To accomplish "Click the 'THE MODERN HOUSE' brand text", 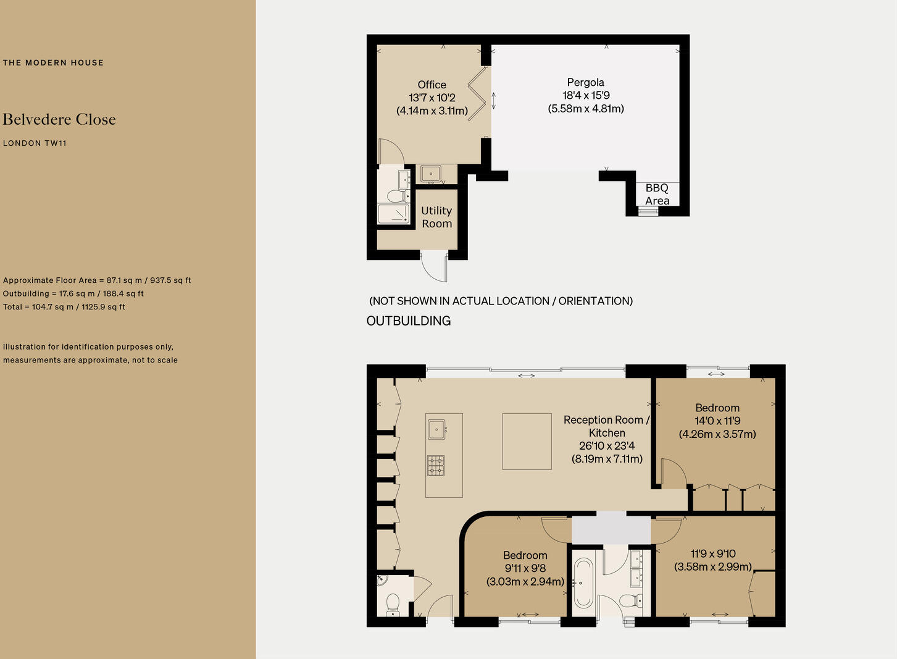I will (x=53, y=62).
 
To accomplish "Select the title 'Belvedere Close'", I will (x=59, y=119).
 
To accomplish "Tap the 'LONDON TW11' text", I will (x=35, y=143).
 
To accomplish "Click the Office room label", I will (x=432, y=98).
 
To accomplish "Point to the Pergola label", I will (x=585, y=95).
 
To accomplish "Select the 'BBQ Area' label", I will (x=657, y=194).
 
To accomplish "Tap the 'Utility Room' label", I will (x=436, y=217).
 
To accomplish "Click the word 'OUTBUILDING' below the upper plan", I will (x=408, y=321).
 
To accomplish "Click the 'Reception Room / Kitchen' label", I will (x=606, y=439).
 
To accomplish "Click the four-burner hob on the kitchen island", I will (x=436, y=466).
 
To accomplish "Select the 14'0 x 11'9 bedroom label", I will (x=717, y=421).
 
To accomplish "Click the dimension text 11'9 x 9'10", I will (x=713, y=560).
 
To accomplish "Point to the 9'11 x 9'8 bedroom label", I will (x=525, y=568).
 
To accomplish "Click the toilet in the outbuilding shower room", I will (x=394, y=197).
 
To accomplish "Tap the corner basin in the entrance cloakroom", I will (x=382, y=580).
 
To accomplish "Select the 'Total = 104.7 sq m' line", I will (x=64, y=307).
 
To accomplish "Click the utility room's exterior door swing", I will (x=434, y=266).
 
